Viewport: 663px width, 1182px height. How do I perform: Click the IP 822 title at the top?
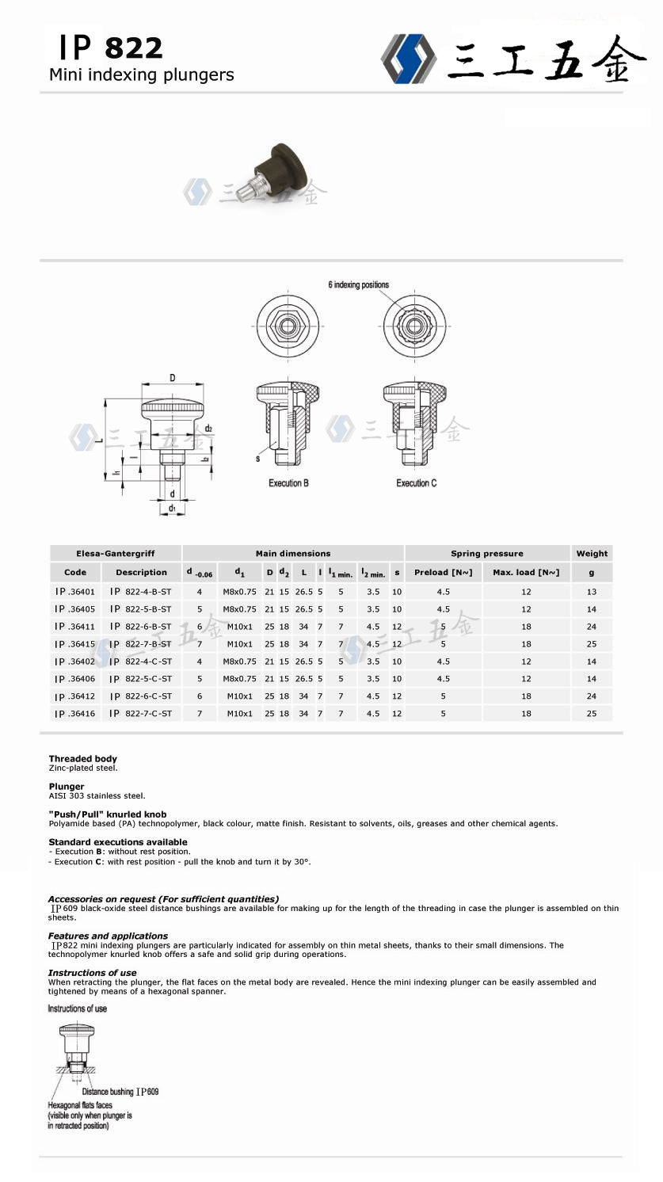(110, 48)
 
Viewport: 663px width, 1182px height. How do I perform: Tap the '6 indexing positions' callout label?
(358, 285)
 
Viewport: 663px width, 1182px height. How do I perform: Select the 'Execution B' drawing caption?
(288, 482)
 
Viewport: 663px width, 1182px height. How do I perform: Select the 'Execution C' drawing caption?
(416, 482)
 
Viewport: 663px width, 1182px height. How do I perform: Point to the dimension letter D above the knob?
(173, 377)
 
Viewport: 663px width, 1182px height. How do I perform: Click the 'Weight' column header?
(592, 554)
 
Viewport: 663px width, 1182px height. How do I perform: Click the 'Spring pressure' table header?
(486, 554)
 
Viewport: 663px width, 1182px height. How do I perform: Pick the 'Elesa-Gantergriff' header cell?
(116, 554)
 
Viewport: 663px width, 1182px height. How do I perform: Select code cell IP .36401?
(75, 591)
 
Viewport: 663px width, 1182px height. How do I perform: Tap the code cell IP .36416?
(75, 714)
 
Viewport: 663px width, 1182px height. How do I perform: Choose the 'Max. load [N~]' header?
(526, 572)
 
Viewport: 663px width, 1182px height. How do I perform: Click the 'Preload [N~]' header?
(443, 572)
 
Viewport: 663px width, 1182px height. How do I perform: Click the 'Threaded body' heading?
(82, 759)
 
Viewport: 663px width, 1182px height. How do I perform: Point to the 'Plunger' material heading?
(67, 787)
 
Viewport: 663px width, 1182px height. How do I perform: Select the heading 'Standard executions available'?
(118, 842)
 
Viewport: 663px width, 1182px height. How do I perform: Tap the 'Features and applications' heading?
(108, 936)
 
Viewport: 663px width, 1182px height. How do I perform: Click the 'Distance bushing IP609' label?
(120, 1092)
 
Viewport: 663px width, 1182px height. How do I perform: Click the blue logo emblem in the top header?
(409, 57)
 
